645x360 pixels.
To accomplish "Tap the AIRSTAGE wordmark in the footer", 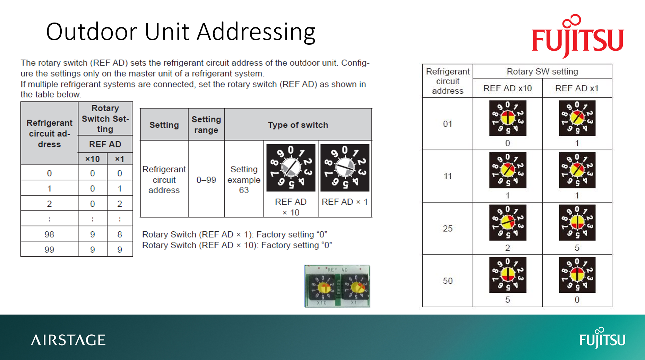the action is (68, 340).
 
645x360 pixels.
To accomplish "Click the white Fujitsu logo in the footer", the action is (602, 338).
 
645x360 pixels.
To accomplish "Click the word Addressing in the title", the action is (256, 32).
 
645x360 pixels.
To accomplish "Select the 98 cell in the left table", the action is (49, 234).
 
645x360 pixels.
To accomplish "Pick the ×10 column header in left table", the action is (92, 159).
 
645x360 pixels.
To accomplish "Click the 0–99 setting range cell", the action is (206, 180).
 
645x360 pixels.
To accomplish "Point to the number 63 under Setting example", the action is (244, 190).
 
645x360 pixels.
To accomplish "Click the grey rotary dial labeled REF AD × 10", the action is (291, 168).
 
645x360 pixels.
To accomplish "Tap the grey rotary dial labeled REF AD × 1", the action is (345, 168).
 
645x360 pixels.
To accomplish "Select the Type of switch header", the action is (298, 125).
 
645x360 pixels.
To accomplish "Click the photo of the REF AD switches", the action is (337, 286).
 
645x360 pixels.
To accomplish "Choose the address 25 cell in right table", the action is (447, 228).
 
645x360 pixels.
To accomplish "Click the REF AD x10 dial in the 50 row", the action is (508, 275).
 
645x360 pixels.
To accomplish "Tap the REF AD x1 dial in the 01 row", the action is (577, 118).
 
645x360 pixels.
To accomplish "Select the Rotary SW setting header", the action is (542, 71).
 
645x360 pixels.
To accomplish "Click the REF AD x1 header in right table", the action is (577, 88).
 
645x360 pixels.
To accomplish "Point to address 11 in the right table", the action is (447, 176).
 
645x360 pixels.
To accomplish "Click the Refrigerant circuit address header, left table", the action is (49, 134).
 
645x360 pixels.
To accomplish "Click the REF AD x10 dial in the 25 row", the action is (508, 222).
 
